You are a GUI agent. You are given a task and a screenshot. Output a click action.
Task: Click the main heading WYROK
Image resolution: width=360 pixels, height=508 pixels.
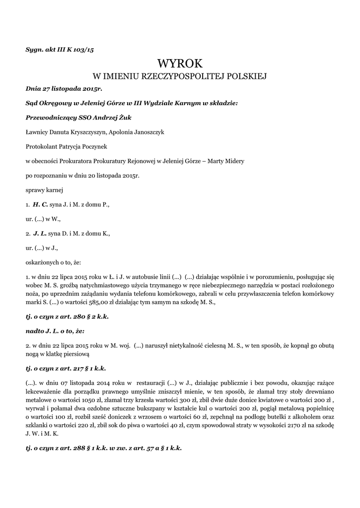[180, 63]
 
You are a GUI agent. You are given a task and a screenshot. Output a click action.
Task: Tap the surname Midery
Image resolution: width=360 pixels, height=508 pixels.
[232, 161]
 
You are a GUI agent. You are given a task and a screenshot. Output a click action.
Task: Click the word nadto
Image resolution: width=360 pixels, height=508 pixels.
[35, 330]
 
